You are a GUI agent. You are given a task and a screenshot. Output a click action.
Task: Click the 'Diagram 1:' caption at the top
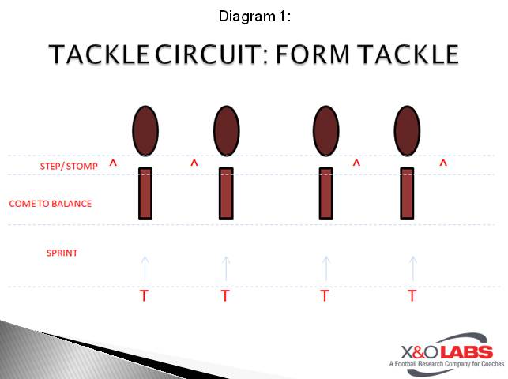click(x=254, y=16)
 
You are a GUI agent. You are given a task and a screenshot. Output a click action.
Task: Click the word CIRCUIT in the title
click(x=212, y=54)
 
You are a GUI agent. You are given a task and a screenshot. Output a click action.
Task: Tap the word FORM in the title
click(x=313, y=54)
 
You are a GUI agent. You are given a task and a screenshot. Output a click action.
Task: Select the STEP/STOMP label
click(x=69, y=166)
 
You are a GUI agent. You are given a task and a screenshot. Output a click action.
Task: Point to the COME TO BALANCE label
click(x=51, y=204)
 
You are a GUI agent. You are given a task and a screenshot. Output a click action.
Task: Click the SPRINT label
click(x=62, y=253)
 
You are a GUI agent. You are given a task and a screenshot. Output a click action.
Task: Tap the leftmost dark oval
click(x=145, y=130)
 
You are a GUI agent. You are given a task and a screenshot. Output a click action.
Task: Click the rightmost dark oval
click(x=407, y=130)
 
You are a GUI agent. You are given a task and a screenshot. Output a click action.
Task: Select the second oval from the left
click(x=227, y=130)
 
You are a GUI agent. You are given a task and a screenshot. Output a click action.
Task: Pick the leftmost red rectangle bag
click(x=145, y=193)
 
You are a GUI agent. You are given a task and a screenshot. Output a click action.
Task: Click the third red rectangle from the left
click(x=326, y=193)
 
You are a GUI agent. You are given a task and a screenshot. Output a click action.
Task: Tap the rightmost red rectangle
click(x=407, y=193)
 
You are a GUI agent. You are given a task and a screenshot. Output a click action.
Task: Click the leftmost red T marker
click(x=144, y=296)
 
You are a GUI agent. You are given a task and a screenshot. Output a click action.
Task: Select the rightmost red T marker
click(x=412, y=296)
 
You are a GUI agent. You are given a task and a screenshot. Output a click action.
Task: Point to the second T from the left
click(x=225, y=296)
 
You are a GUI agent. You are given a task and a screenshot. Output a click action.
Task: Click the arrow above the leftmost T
click(x=145, y=268)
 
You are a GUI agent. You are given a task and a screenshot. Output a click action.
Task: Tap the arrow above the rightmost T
click(x=412, y=268)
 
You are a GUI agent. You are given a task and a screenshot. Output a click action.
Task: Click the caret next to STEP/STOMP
click(x=113, y=163)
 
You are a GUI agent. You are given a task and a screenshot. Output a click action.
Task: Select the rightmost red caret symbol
click(x=443, y=163)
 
